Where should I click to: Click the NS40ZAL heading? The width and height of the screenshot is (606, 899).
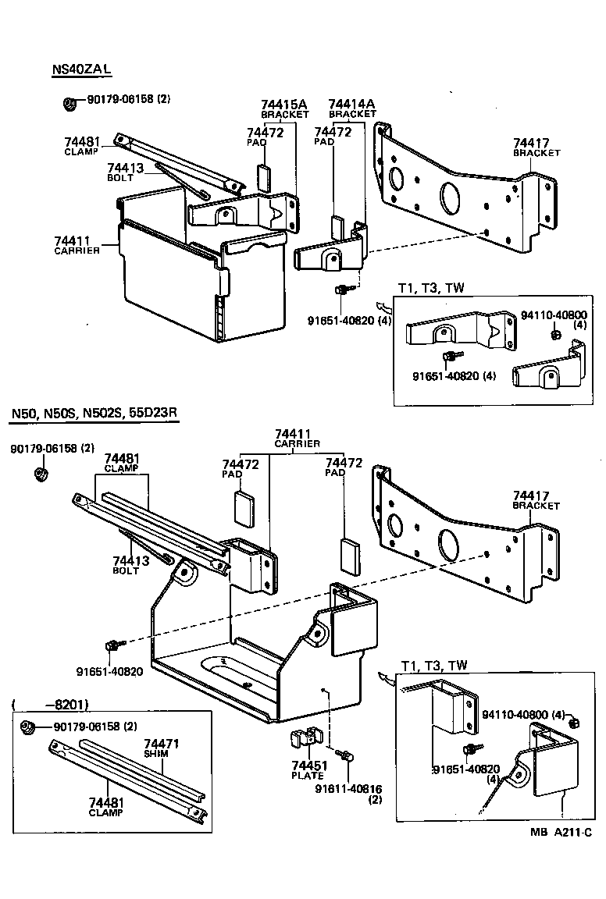[x=82, y=69]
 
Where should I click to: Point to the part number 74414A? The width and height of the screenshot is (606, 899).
[x=351, y=104]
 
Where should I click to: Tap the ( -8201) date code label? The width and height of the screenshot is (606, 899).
[x=51, y=704]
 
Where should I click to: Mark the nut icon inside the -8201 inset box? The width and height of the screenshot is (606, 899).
[x=27, y=727]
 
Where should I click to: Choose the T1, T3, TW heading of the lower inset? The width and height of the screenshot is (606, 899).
[x=434, y=665]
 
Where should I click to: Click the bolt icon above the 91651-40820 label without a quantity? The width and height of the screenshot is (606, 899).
[x=113, y=645]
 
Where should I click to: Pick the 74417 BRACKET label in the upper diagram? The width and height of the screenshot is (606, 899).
[x=536, y=147]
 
